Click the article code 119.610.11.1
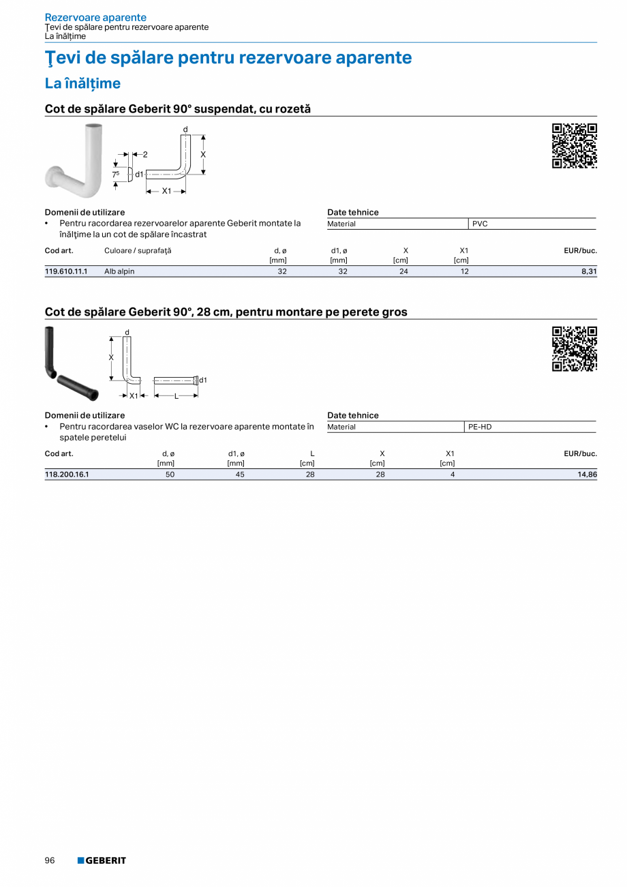pyautogui.click(x=66, y=271)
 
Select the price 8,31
pyautogui.click(x=587, y=271)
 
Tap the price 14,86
pyautogui.click(x=586, y=475)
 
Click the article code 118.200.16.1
pyautogui.click(x=67, y=475)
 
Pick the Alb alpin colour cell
pyautogui.click(x=119, y=271)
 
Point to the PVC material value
pyautogui.click(x=480, y=224)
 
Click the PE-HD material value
pyautogui.click(x=480, y=427)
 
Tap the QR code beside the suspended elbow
pyautogui.click(x=574, y=146)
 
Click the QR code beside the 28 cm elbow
pyautogui.click(x=574, y=349)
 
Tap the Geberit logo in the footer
pyautogui.click(x=102, y=860)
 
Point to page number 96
pyautogui.click(x=50, y=860)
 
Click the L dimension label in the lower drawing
pyautogui.click(x=176, y=396)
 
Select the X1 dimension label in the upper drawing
pyautogui.click(x=166, y=191)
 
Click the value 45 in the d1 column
pyautogui.click(x=240, y=475)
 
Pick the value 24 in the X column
pyautogui.click(x=403, y=271)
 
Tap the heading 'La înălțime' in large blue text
pyautogui.click(x=82, y=83)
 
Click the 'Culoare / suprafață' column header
pyautogui.click(x=138, y=251)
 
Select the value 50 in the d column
pyautogui.click(x=170, y=475)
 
